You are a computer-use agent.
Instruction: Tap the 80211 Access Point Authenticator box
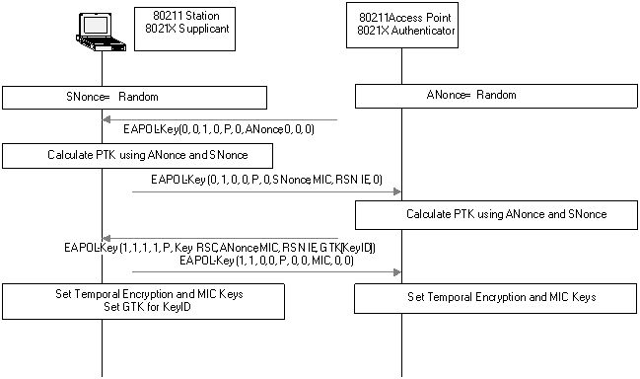point(402,29)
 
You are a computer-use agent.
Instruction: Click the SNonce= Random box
point(134,97)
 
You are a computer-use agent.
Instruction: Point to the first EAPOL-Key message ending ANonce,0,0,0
point(219,129)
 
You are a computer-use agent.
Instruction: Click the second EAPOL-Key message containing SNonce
point(266,181)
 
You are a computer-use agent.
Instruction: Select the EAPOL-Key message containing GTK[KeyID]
point(218,247)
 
